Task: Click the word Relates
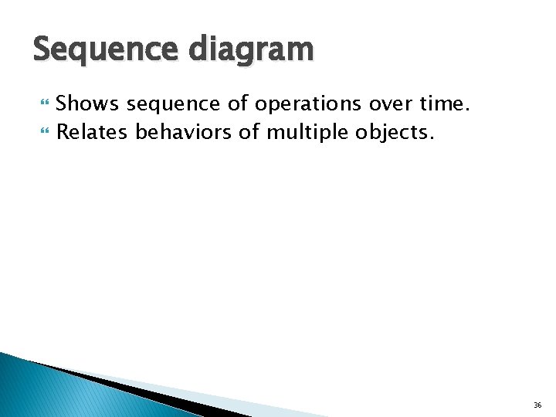[93, 132]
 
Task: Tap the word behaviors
[184, 132]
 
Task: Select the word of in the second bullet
[249, 132]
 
